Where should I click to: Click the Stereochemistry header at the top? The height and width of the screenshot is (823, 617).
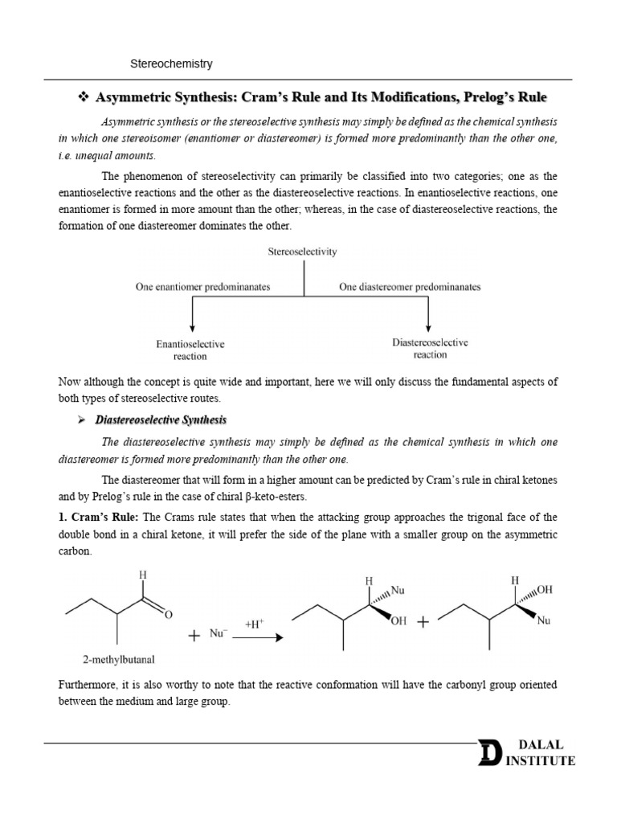pyautogui.click(x=171, y=63)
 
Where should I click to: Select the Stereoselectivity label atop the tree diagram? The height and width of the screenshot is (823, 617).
pyautogui.click(x=302, y=252)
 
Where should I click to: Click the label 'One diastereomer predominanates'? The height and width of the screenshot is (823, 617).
pyautogui.click(x=410, y=286)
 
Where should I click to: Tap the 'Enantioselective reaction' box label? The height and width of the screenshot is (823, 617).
pyautogui.click(x=190, y=350)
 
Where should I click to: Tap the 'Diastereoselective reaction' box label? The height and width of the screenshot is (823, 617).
pyautogui.click(x=430, y=348)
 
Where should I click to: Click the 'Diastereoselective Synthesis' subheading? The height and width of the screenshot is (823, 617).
pyautogui.click(x=161, y=420)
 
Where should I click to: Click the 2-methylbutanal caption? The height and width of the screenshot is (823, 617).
pyautogui.click(x=119, y=660)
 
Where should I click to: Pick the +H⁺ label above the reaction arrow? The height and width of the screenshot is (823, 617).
pyautogui.click(x=255, y=623)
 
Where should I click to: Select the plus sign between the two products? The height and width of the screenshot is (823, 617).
pyautogui.click(x=423, y=622)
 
